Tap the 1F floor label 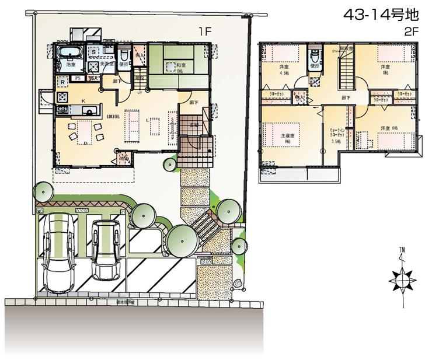point(203,32)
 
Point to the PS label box point(77,77)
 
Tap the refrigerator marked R point(62,82)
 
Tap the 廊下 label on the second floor point(346,97)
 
